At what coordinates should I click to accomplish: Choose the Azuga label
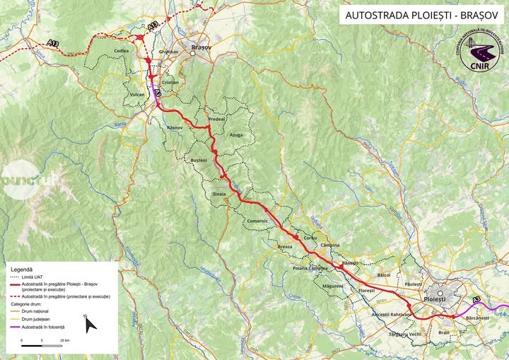pos(236,134)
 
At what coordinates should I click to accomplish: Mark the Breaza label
pos(285,247)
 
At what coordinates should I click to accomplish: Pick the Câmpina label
pos(329,245)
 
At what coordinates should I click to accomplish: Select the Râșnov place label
pos(174,127)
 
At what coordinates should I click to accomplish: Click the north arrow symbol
pos(90,325)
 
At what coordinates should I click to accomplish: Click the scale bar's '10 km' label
pos(64,341)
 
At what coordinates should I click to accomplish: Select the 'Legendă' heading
pos(22,270)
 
